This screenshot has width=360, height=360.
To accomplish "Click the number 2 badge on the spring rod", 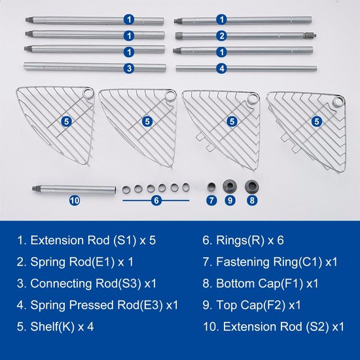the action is pos(221,36).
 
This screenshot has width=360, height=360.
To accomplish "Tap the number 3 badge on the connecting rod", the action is pos(129,68).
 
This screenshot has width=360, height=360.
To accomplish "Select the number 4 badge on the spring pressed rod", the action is pos(221,69).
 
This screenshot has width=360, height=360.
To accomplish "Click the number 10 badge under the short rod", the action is pos(75,200).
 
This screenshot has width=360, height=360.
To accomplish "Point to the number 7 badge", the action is pos(211,200).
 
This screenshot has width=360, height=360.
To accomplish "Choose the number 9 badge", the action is pos(230,200).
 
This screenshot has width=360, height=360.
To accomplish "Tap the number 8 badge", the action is pos(252,200).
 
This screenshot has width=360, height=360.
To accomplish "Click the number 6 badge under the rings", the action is pos(156,200).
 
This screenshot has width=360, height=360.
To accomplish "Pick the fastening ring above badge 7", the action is pos(211,187).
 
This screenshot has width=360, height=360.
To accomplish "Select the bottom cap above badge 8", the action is pos(251,186).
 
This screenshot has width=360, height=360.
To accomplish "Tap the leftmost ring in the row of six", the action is pos(126,190).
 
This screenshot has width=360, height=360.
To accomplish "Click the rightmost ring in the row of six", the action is pos(185,187).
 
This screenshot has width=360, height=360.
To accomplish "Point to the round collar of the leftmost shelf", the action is pos(88,93).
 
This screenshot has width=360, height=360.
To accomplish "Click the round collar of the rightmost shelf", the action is pos(338,101).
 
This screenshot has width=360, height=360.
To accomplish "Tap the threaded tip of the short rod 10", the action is pos(35,189).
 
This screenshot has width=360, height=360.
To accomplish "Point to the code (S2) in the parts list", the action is pos(317,327).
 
